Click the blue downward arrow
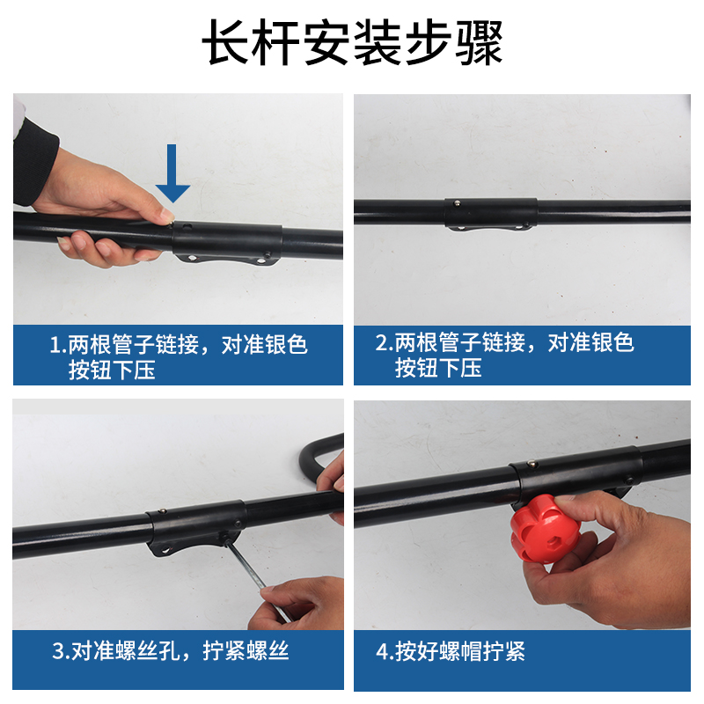pyautogui.click(x=172, y=173)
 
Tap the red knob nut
pyautogui.click(x=545, y=530)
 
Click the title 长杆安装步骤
pyautogui.click(x=353, y=42)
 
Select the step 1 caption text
pyautogui.click(x=179, y=357)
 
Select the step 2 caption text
pyautogui.click(x=504, y=356)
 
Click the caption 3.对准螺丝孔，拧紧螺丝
pyautogui.click(x=171, y=650)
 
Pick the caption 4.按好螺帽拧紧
pyautogui.click(x=451, y=651)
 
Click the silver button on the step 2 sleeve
pyautogui.click(x=457, y=203)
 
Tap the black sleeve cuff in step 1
pyautogui.click(x=33, y=163)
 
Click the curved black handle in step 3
pyautogui.click(x=317, y=458)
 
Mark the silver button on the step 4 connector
pyautogui.click(x=532, y=464)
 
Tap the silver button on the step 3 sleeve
pyautogui.click(x=164, y=511)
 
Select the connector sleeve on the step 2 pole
pyautogui.click(x=491, y=214)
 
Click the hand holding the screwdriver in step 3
pyautogui.click(x=298, y=604)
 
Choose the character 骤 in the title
pyautogui.click(x=479, y=43)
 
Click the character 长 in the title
pyautogui.click(x=227, y=43)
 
